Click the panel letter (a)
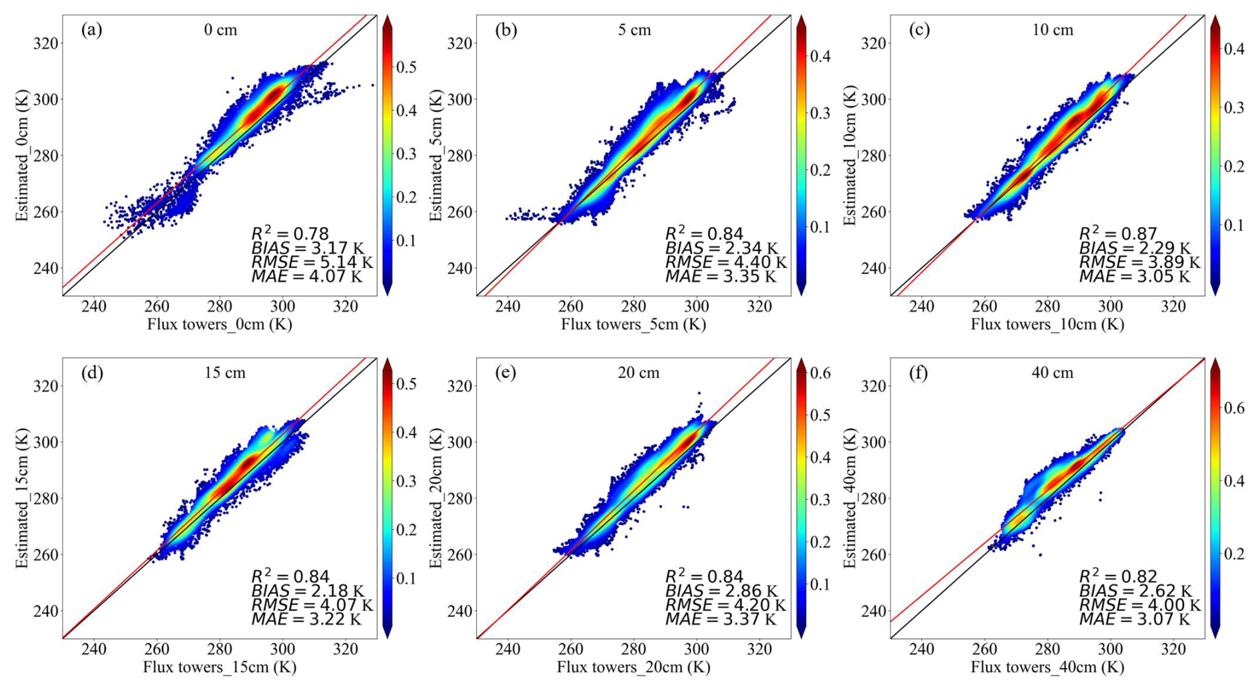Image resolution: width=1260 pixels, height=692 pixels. (91, 30)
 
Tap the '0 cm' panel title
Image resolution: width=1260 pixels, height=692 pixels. (220, 30)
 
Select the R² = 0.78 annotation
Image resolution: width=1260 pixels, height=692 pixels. (290, 234)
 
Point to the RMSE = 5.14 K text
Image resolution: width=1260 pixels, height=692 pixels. (311, 262)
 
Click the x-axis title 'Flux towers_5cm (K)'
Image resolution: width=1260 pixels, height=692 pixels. (633, 324)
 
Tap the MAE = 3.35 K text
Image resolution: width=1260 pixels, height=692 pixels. (721, 276)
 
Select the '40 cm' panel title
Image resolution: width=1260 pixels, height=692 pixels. (1052, 373)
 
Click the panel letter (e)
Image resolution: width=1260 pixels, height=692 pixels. (505, 373)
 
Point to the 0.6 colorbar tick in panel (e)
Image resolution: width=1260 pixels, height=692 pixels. (822, 373)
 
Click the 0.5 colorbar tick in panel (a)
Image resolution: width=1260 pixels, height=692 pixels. (407, 67)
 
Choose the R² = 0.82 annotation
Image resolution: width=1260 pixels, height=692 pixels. (1118, 576)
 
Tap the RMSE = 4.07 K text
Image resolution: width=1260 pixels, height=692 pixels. (311, 605)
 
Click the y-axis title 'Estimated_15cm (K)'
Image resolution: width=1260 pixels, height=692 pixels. (22, 498)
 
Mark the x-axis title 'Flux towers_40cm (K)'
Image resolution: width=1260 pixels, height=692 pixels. (1048, 667)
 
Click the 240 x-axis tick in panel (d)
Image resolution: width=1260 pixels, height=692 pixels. (94, 649)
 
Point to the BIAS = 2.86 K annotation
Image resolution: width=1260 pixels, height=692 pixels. (721, 591)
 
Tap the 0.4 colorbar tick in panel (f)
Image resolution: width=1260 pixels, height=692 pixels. (1235, 481)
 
